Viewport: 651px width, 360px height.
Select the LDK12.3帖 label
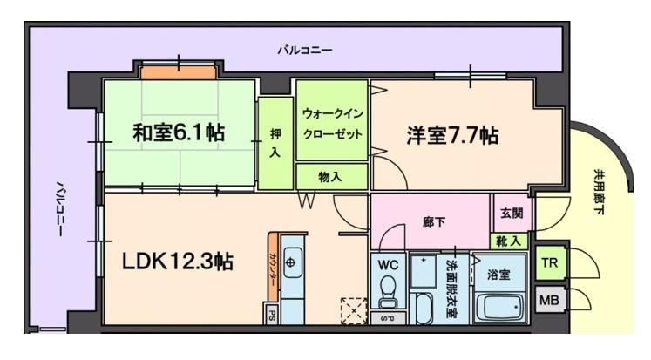(178, 261)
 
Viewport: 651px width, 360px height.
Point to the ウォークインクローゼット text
(331, 126)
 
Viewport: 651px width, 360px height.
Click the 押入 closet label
(275, 143)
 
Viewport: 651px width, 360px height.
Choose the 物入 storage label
(330, 177)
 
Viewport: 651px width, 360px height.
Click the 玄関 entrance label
(512, 214)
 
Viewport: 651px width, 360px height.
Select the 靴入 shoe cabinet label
(512, 241)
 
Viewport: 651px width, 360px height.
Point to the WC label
(389, 264)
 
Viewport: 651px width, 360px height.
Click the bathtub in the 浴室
(501, 304)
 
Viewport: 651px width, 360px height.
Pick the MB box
(549, 301)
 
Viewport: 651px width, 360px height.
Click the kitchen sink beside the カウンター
(292, 262)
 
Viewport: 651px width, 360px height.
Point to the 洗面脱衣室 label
(452, 287)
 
